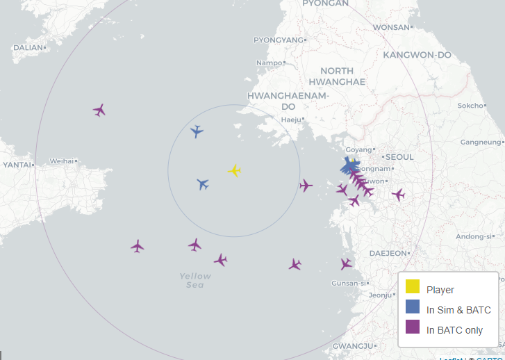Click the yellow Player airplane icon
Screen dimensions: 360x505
click(235, 171)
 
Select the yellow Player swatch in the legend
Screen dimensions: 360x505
click(412, 286)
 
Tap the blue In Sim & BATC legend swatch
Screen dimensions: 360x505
click(412, 306)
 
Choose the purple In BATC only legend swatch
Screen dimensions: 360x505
click(412, 327)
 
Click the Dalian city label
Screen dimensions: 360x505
click(28, 47)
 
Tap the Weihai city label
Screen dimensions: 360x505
click(61, 161)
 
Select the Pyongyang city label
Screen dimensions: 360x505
click(279, 40)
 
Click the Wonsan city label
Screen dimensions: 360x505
click(391, 27)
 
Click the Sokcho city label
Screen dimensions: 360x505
click(470, 106)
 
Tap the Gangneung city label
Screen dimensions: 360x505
click(480, 142)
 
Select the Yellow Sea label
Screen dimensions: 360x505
click(195, 280)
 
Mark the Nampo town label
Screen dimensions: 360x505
click(269, 63)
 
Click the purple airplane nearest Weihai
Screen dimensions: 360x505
click(99, 110)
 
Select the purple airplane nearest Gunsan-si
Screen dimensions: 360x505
click(346, 264)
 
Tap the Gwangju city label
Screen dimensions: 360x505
click(353, 345)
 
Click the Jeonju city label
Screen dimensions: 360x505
click(380, 295)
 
